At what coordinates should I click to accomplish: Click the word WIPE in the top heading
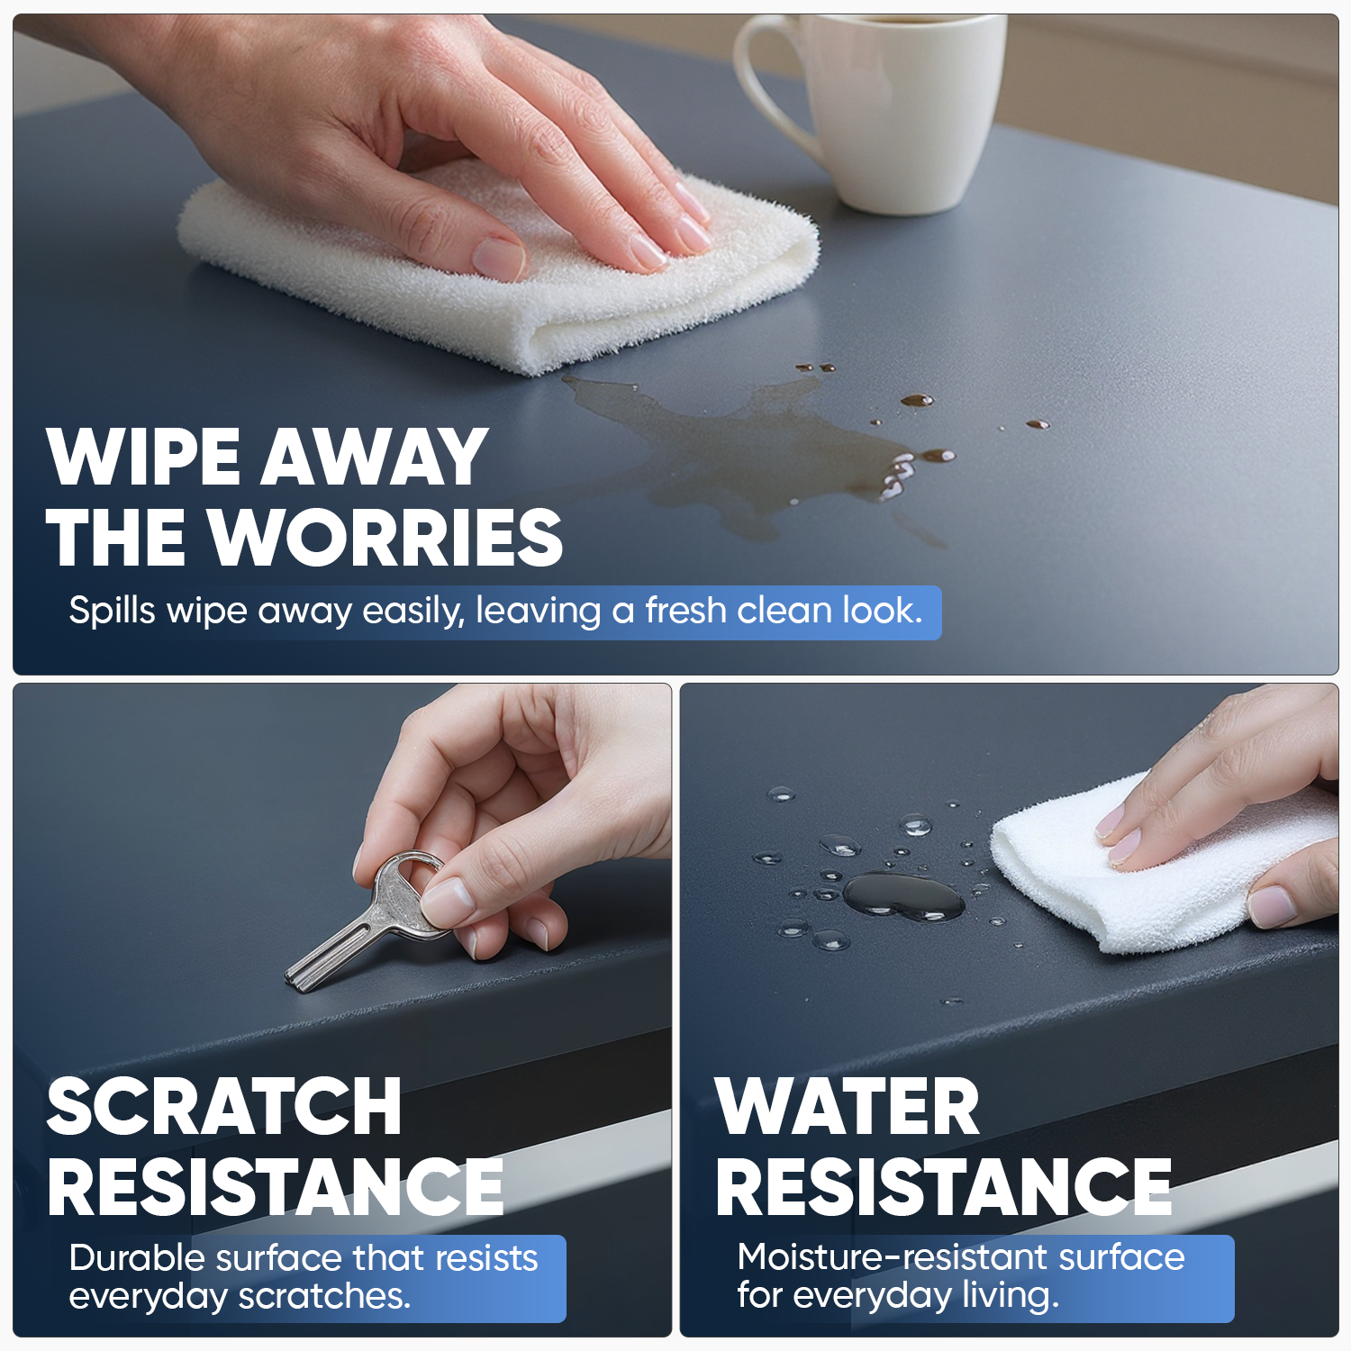pos(144,457)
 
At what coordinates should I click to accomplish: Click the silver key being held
pos(369,923)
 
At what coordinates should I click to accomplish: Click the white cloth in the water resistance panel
pos(1162,865)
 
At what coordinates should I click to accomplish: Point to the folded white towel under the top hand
pos(495,270)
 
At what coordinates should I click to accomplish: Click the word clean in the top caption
pos(784,611)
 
